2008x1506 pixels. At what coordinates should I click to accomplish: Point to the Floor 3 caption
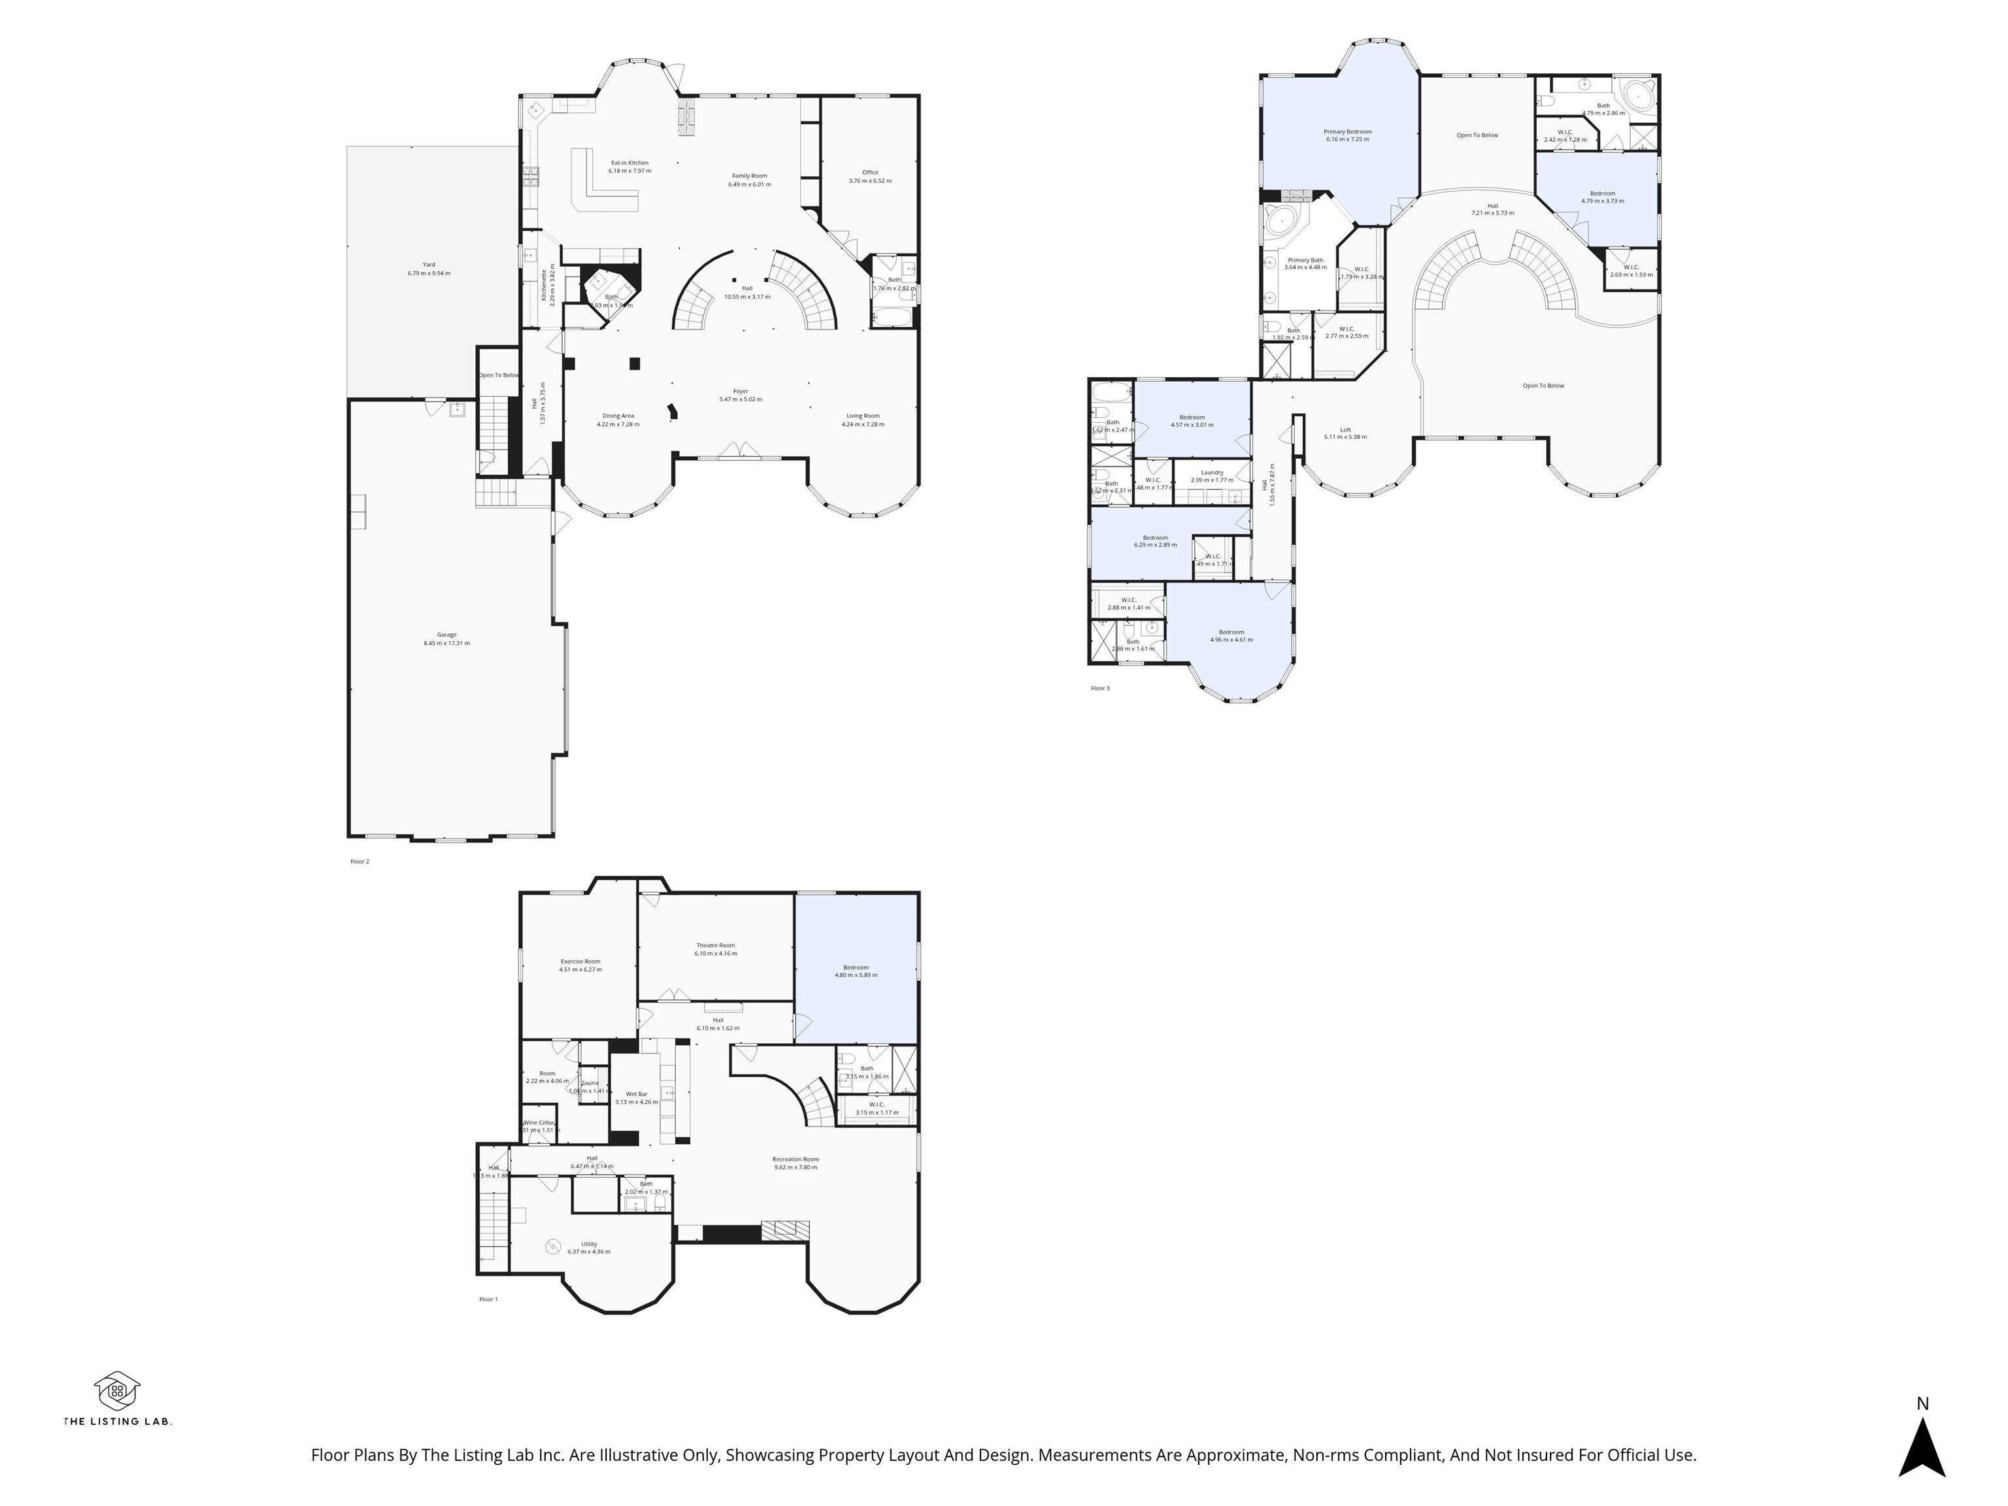coord(1099,688)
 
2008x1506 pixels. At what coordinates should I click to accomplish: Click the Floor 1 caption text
coord(488,1299)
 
